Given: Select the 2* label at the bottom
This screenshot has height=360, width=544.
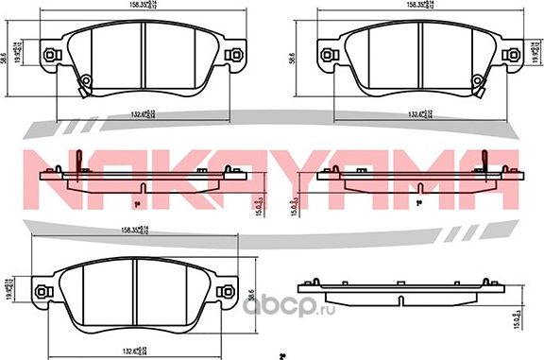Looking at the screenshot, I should click(282, 355).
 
